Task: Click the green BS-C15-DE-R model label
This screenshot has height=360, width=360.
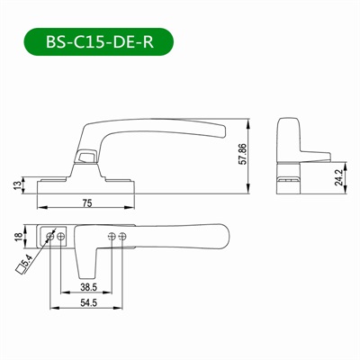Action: (94, 42)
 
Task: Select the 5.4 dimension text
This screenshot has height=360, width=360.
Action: (28, 262)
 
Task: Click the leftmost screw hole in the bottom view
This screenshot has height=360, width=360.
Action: (50, 236)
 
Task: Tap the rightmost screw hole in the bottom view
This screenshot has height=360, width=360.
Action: (124, 236)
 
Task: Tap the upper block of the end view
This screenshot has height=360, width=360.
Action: (289, 134)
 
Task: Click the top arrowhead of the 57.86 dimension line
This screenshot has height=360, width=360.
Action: (248, 121)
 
